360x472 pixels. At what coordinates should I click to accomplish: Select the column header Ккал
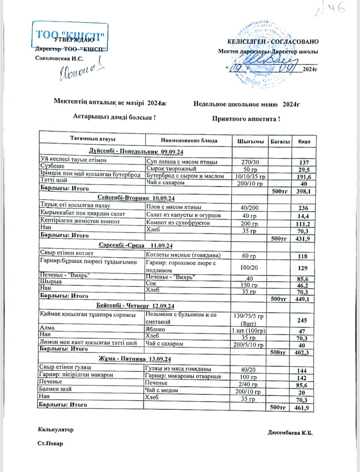(304, 142)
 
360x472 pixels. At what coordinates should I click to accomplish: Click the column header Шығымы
(250, 142)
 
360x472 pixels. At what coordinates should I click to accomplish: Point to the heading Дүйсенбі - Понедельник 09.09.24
(136, 151)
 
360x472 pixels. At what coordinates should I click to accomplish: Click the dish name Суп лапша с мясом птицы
(182, 162)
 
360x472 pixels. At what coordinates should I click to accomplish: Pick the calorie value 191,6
(304, 177)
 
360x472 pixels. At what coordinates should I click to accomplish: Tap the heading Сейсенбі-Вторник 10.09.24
(136, 198)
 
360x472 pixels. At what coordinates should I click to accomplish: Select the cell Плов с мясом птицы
(174, 207)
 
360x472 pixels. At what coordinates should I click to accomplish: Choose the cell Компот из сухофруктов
(178, 222)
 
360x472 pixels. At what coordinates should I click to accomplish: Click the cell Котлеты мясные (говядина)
(183, 255)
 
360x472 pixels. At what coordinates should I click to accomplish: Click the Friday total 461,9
(302, 408)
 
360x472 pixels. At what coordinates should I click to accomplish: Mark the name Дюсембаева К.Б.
(290, 433)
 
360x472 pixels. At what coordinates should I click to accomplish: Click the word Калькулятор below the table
(56, 430)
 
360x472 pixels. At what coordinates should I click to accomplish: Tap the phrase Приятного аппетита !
(246, 119)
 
